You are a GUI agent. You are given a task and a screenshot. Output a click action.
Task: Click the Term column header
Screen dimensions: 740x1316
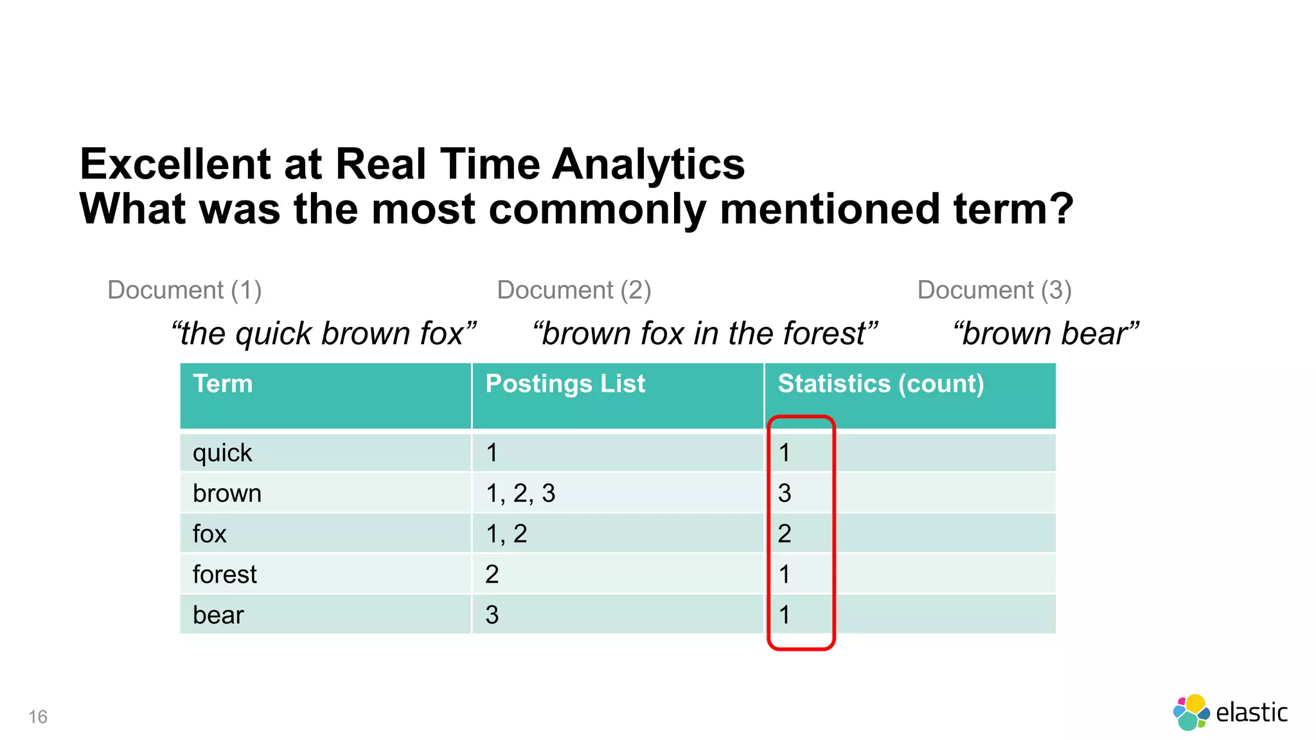(x=223, y=384)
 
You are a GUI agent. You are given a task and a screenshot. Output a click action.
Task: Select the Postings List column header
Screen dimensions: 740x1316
(x=565, y=384)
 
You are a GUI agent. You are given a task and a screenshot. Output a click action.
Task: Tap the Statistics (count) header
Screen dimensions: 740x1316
(x=880, y=384)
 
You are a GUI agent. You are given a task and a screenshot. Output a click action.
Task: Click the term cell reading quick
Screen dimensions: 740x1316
(x=222, y=453)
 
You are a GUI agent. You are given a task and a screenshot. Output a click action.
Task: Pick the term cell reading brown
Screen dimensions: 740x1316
(x=227, y=493)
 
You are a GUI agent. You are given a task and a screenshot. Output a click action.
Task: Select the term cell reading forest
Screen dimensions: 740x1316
(x=224, y=574)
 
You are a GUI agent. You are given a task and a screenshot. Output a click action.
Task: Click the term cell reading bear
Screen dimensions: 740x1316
(x=218, y=615)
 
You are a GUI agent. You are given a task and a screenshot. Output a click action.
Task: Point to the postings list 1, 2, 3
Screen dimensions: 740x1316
(x=520, y=493)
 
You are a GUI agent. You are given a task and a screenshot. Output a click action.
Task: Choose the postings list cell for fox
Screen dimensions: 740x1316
(x=506, y=534)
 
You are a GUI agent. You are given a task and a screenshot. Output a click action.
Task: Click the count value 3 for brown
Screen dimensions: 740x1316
(x=785, y=493)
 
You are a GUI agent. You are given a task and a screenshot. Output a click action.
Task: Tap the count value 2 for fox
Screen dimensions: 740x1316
(x=785, y=534)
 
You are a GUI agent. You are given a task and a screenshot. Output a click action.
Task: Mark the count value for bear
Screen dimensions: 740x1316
(x=785, y=615)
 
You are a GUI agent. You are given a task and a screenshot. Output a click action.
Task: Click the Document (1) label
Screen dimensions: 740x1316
(x=184, y=290)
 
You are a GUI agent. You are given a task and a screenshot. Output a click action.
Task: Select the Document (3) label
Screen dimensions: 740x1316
(x=994, y=290)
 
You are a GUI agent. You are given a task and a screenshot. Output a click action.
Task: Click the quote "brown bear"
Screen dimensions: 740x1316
(x=1046, y=334)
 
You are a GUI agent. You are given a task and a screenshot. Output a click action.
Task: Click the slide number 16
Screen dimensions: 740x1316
(x=38, y=717)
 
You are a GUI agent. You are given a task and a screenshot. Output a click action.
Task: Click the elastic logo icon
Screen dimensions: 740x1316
(x=1191, y=712)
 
